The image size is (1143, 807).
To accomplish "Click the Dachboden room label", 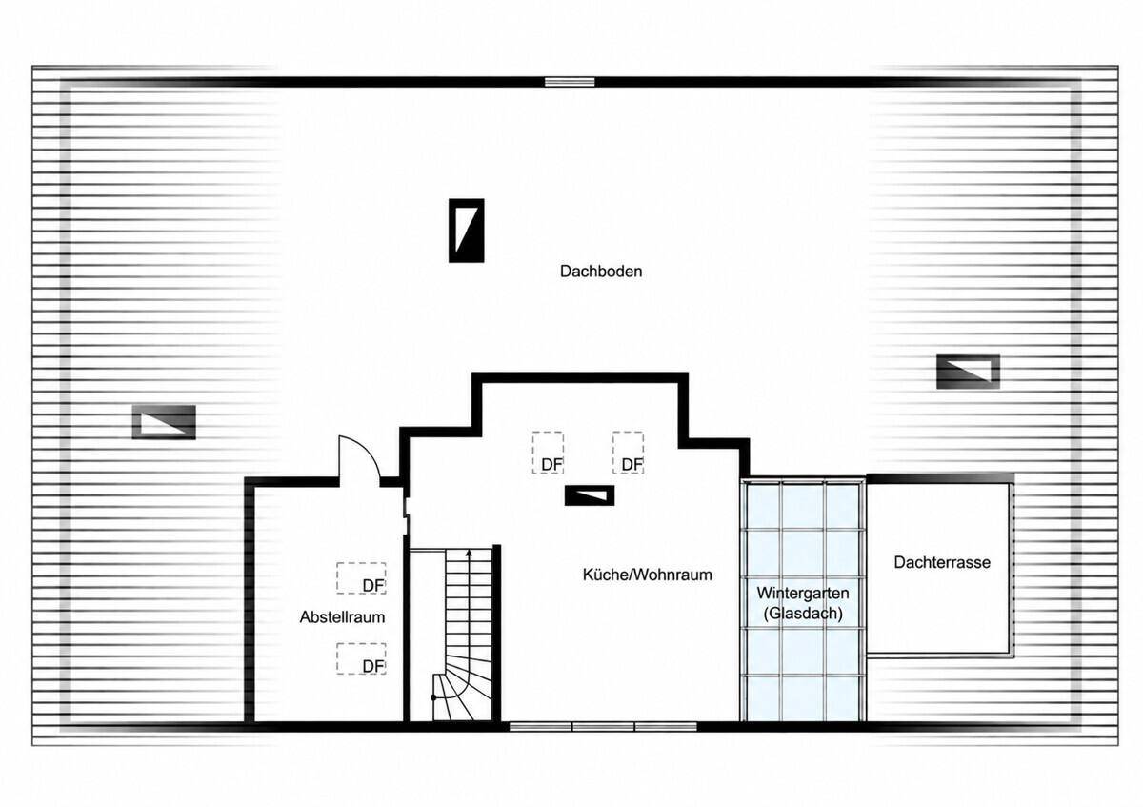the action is click(601, 271).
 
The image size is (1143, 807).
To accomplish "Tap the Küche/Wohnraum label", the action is click(647, 575).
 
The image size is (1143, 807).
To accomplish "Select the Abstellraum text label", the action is click(342, 617).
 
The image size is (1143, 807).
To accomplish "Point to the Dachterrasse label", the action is click(942, 562).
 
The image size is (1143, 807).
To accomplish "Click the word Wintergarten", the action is click(803, 594).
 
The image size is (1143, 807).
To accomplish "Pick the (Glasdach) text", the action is click(803, 613).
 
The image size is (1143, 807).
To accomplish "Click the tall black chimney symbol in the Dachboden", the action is click(467, 231).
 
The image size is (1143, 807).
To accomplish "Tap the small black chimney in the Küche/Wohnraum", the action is click(590, 495).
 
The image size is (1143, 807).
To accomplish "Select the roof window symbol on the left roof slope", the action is click(164, 422).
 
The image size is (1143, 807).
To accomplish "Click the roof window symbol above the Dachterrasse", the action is click(968, 372).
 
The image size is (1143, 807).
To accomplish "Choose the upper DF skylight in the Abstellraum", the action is click(361, 578).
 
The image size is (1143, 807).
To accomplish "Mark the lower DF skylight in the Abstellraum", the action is click(361, 659).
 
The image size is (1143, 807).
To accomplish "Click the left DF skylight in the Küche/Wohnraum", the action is click(548, 453).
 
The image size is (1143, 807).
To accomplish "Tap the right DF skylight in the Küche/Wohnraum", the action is click(628, 453).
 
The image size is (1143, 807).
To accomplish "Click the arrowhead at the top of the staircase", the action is click(469, 553).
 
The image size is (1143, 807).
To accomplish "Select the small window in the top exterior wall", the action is click(570, 82).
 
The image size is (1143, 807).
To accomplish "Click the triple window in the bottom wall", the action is click(603, 726).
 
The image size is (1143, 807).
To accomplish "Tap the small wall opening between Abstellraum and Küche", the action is click(406, 515).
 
